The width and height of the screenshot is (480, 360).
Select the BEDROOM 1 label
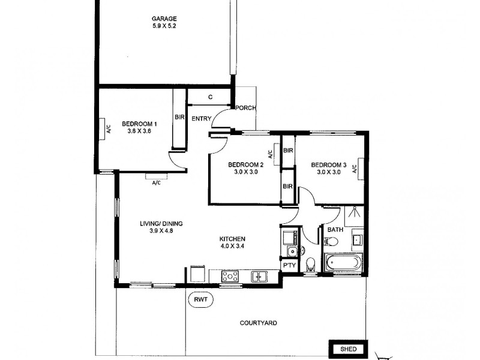click(139, 124)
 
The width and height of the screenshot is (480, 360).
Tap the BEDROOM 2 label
click(245, 164)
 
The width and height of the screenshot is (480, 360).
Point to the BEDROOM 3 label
click(329, 164)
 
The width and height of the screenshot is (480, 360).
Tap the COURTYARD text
click(258, 323)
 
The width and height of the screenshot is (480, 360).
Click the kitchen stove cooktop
click(230, 276)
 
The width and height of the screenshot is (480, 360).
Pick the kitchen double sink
click(259, 276)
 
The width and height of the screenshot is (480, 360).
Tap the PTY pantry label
click(288, 264)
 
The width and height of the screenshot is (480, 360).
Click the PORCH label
click(245, 108)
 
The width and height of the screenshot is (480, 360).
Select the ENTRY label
click(201, 119)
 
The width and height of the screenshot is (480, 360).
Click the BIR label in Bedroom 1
click(179, 117)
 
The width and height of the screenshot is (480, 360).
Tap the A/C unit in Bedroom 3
click(355, 169)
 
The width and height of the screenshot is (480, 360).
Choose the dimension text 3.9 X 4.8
click(161, 231)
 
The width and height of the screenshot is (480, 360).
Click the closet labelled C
click(210, 97)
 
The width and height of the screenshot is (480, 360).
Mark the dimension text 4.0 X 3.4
click(232, 245)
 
